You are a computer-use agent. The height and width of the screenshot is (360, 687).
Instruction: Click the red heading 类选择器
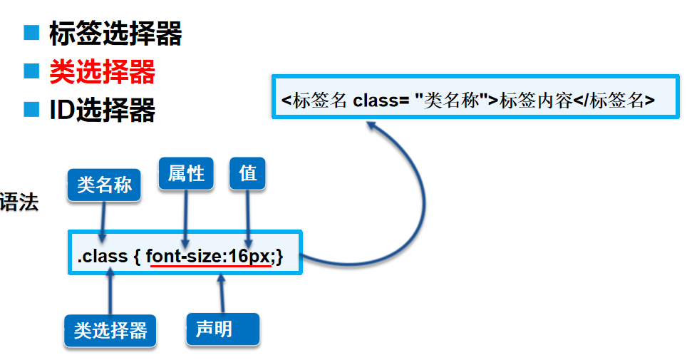click(102, 71)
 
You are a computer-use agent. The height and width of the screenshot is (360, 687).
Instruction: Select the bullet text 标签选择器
click(115, 34)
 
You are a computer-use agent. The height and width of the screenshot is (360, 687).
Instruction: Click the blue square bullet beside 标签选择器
click(31, 32)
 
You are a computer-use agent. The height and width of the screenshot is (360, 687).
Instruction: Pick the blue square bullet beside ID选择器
click(31, 108)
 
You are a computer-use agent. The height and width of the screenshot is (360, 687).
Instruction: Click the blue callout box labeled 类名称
click(104, 185)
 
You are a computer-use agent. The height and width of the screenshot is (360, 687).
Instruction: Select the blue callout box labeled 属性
click(186, 173)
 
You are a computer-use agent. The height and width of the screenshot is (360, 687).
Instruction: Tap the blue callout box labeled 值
click(247, 173)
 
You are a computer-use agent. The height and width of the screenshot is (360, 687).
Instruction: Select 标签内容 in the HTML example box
click(536, 101)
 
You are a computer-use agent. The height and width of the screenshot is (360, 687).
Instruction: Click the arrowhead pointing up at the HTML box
click(373, 125)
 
